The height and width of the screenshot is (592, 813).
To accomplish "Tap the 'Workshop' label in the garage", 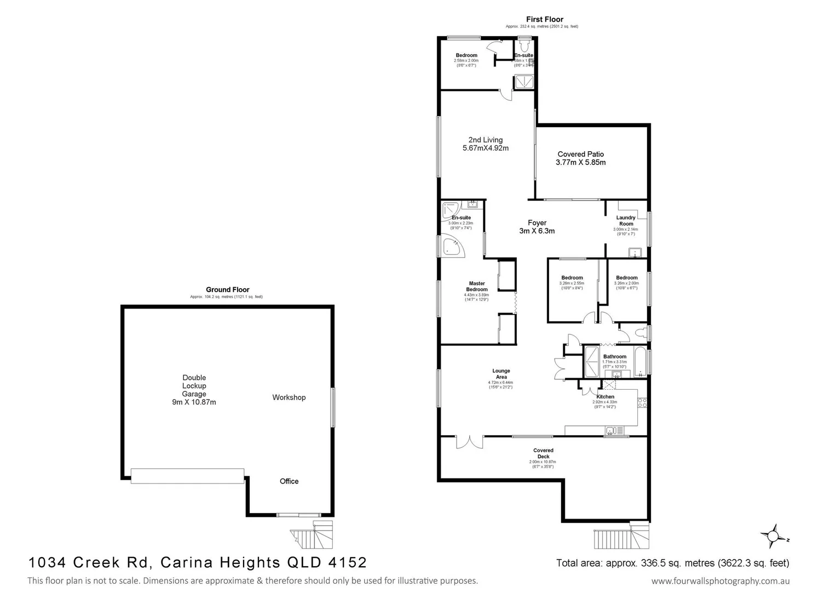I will (x=289, y=397).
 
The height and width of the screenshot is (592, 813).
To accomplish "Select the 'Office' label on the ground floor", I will (x=289, y=481).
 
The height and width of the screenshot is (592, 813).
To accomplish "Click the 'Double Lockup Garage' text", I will (x=194, y=389).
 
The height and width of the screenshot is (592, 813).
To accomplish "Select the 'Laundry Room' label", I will (x=626, y=220).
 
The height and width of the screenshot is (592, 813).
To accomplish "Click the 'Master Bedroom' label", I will (x=476, y=286).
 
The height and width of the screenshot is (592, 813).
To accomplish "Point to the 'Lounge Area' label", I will (x=501, y=374).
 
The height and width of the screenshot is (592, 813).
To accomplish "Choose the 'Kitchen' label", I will (x=605, y=396).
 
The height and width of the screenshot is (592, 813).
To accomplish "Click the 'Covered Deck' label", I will (x=543, y=453).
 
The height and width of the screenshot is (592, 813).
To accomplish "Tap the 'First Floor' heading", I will (x=544, y=19).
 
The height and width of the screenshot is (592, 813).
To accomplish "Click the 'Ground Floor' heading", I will (x=227, y=289).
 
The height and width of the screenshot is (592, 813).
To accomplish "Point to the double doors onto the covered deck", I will (x=469, y=441).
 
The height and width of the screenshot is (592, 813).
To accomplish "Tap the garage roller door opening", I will (x=187, y=476).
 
